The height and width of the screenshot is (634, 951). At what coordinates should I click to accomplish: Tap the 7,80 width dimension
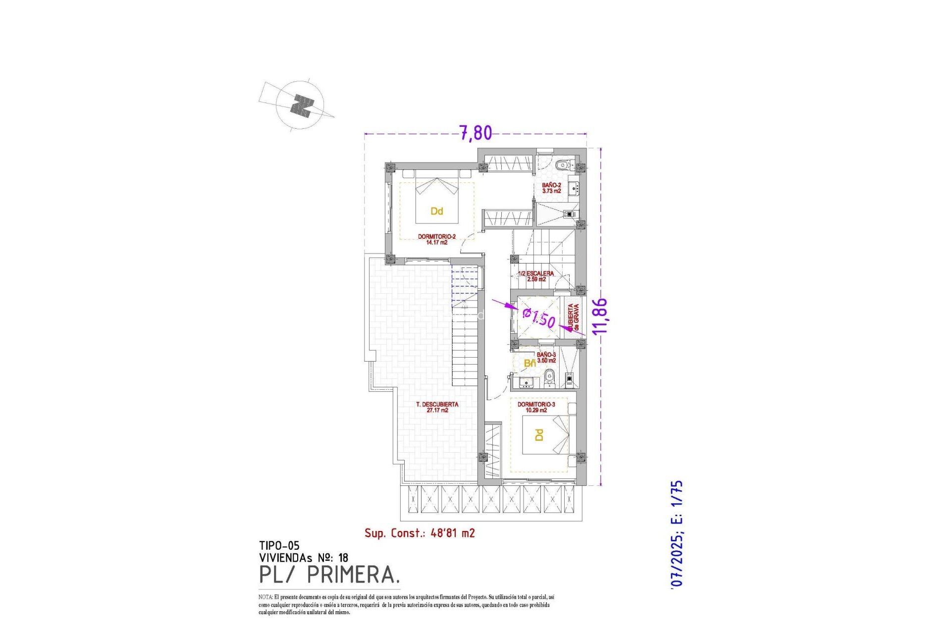pyautogui.click(x=475, y=133)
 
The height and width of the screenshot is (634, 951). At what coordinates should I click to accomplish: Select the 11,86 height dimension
pyautogui.click(x=600, y=316)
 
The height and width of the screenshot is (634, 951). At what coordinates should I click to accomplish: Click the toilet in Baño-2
pyautogui.click(x=561, y=165)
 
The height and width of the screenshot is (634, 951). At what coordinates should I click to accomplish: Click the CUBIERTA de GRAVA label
pyautogui.click(x=573, y=317)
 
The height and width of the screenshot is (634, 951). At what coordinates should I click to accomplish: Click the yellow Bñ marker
pyautogui.click(x=529, y=363)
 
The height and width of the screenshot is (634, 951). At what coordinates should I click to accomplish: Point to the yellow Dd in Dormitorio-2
pyautogui.click(x=436, y=211)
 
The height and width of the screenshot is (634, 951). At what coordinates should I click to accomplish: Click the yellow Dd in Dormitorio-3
pyautogui.click(x=539, y=435)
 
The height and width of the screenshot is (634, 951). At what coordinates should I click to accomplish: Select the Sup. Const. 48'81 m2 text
pyautogui.click(x=420, y=533)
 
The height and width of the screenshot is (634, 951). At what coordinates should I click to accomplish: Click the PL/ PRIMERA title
pyautogui.click(x=329, y=575)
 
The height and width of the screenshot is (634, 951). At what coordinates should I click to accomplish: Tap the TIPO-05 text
pyautogui.click(x=279, y=546)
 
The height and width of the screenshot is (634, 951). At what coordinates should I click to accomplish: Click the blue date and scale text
pyautogui.click(x=677, y=534)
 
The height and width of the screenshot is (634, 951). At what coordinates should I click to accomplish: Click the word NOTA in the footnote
pyautogui.click(x=265, y=597)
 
